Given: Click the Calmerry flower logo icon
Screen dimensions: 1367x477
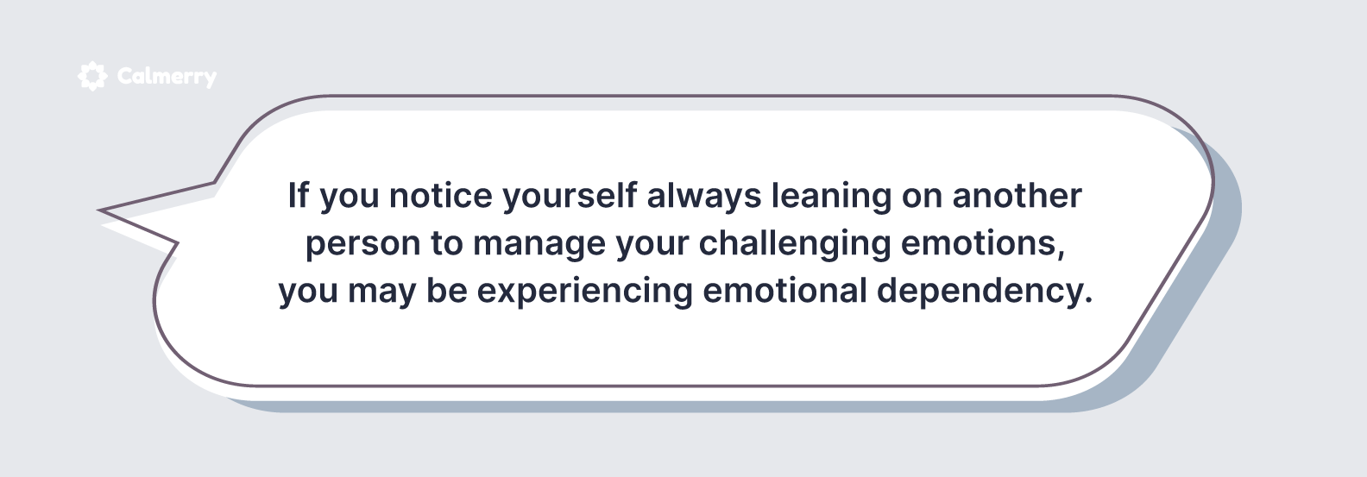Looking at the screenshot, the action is tap(92, 76).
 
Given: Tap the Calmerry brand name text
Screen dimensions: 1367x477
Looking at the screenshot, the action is tap(167, 77).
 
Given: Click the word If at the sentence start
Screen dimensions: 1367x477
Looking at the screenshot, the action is tap(299, 195).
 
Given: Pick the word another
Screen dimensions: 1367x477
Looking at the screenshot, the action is tap(1017, 196).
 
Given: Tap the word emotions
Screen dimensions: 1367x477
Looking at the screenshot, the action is tap(979, 243).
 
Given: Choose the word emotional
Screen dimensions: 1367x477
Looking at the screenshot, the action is tap(784, 291).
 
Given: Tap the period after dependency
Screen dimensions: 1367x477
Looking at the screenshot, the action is tap(1087, 301).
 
